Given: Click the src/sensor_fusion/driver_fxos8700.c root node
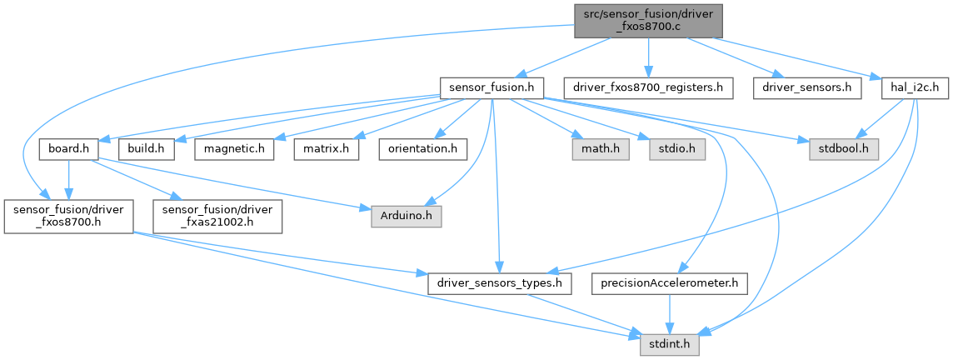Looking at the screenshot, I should pyautogui.click(x=647, y=20).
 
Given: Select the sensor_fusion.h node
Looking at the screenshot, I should pyautogui.click(x=491, y=87).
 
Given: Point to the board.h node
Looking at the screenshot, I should pyautogui.click(x=69, y=148).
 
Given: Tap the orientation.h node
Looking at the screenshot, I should pyautogui.click(x=422, y=148).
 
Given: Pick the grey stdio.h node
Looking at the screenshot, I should pyautogui.click(x=671, y=148).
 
